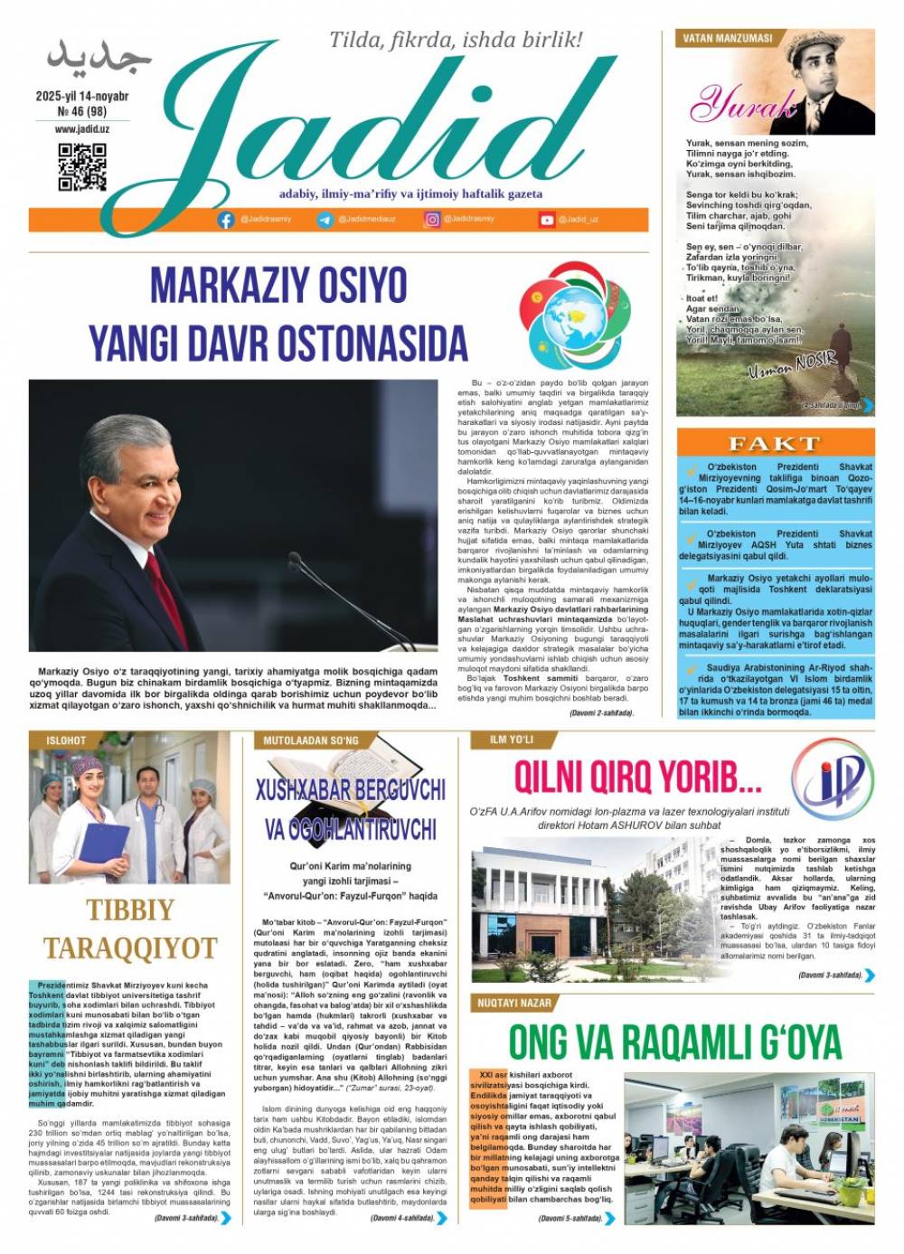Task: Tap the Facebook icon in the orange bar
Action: click(226, 220)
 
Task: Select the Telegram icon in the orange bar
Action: click(325, 220)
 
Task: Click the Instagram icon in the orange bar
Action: click(433, 220)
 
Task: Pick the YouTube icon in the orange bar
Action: click(547, 220)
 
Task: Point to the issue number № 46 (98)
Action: click(82, 112)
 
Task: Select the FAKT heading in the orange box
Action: click(774, 444)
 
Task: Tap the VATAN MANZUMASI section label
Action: click(728, 38)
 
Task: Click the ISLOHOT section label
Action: click(66, 740)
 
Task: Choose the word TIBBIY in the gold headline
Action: click(131, 910)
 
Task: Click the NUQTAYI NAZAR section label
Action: click(514, 1003)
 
